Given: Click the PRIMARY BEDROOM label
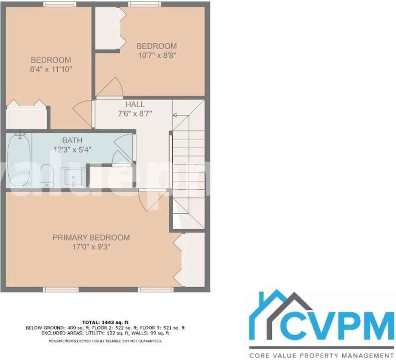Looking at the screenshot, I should tap(91, 237).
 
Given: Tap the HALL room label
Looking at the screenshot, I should tap(135, 105).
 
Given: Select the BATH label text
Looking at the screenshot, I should tap(72, 141).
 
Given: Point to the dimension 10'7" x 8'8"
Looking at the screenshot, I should tap(156, 55).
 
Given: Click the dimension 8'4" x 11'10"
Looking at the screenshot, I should tap(51, 69).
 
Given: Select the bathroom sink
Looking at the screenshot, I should tap(73, 177).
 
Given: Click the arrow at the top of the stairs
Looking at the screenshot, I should tap(175, 115).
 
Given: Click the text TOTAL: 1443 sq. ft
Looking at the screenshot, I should tap(105, 322).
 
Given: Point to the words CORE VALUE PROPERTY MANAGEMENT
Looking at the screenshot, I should tap(322, 355).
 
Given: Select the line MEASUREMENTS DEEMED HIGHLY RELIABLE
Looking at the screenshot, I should tap(105, 341).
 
